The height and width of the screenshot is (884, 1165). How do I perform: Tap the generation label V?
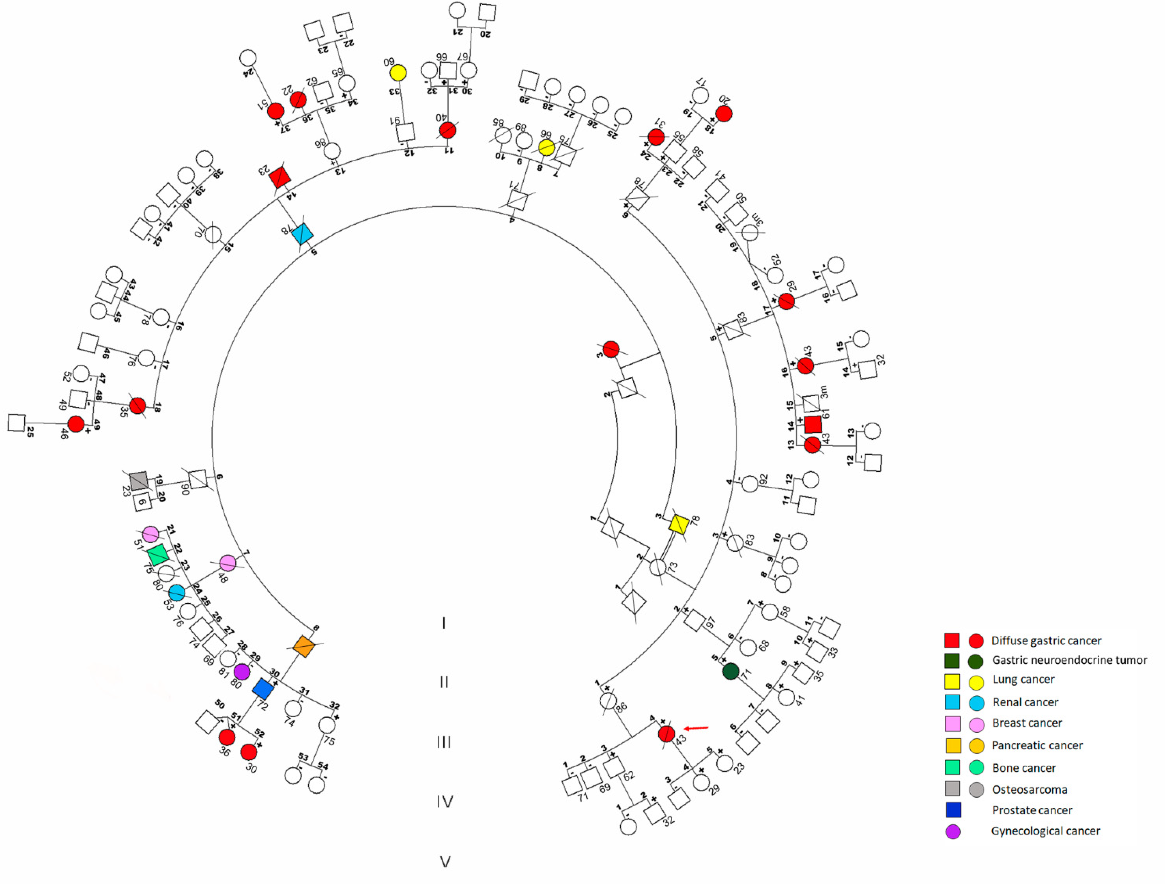pos(445,862)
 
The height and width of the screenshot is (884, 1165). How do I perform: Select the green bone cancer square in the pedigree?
pos(158,555)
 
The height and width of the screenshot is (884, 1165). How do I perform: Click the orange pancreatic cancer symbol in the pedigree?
pos(304,646)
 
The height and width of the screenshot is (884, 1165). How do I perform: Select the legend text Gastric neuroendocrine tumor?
pos(1069,660)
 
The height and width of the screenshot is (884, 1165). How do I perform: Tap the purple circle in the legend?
pos(953,832)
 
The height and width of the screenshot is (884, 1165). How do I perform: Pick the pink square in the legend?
pos(953,724)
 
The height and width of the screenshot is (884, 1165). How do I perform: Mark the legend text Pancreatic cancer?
pos(1037,746)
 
